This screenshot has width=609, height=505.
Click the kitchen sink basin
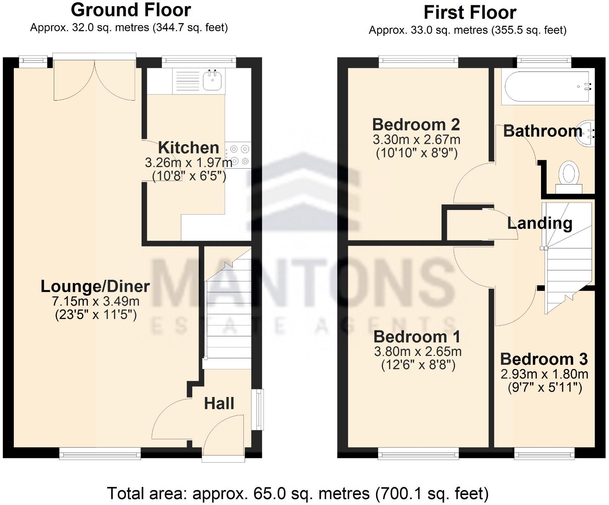[x=212, y=80]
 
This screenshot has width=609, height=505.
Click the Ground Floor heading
[x=131, y=10]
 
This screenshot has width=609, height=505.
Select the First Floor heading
[x=469, y=13]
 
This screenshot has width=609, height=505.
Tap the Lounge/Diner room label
[x=95, y=286]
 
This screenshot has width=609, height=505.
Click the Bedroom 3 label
[x=543, y=359]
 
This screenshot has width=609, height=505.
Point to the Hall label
[x=219, y=403]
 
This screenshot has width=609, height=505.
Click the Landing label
[x=539, y=223]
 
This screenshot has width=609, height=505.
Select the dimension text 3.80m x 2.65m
[x=417, y=352]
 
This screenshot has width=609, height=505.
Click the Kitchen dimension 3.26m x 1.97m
[x=188, y=163]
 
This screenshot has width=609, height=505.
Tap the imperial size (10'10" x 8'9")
[x=416, y=153]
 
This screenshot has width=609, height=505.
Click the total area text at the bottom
[x=297, y=493]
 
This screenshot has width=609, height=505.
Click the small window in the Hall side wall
[x=260, y=409]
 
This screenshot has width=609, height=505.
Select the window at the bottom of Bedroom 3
[x=544, y=454]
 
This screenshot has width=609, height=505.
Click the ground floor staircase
[x=228, y=312]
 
